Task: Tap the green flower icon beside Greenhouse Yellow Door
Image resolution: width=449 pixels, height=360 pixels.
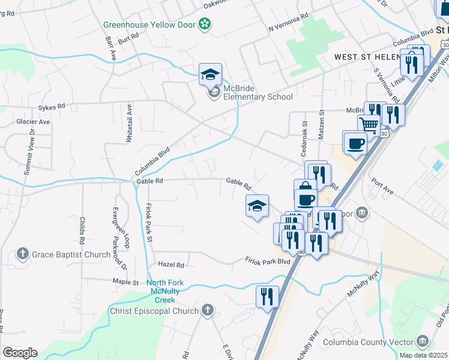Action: [205, 24]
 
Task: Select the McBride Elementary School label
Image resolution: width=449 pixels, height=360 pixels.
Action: [258, 93]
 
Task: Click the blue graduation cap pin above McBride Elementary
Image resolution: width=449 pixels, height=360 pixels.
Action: [211, 74]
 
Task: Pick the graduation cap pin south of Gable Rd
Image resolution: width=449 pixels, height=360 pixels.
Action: [257, 206]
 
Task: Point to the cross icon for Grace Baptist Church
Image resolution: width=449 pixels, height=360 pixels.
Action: [23, 254]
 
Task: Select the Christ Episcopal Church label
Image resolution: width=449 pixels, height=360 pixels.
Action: [154, 311]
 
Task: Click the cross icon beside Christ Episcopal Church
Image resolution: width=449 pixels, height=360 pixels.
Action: [208, 310]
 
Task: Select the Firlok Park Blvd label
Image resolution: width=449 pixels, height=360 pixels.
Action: [267, 260]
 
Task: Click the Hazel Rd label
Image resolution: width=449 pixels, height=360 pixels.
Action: [170, 264]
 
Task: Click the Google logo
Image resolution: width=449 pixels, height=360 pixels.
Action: [19, 353]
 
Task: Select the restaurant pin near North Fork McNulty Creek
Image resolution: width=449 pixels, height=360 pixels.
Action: [267, 296]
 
